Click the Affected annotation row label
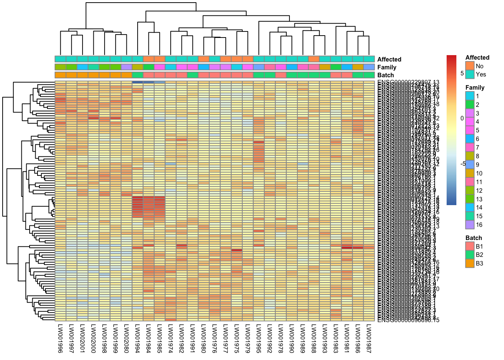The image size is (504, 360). pyautogui.click(x=389, y=59)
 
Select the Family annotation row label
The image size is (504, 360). pyautogui.click(x=387, y=67)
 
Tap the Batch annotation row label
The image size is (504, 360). pyautogui.click(x=385, y=75)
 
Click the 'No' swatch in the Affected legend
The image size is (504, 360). pyautogui.click(x=469, y=66)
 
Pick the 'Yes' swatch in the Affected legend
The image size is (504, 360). pyautogui.click(x=469, y=74)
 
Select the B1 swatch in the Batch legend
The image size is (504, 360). pyautogui.click(x=469, y=246)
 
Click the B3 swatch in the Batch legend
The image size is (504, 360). pyautogui.click(x=469, y=263)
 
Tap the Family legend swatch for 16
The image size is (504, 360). pyautogui.click(x=469, y=225)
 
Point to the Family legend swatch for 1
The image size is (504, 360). pyautogui.click(x=469, y=96)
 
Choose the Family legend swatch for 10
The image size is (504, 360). pyautogui.click(x=469, y=173)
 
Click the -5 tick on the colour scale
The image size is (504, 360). pyautogui.click(x=463, y=164)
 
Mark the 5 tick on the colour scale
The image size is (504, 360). pyautogui.click(x=462, y=73)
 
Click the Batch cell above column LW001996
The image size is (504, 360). pyautogui.click(x=60, y=75)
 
